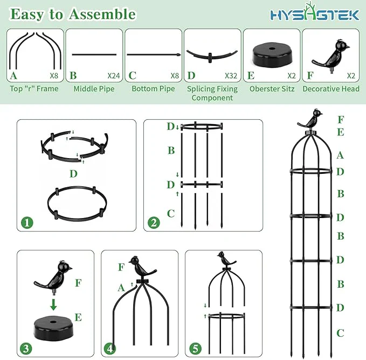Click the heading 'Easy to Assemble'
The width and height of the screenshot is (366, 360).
tap(73, 14)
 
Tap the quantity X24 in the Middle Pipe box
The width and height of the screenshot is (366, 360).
tap(113, 75)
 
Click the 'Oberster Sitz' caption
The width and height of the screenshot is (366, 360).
tap(271, 89)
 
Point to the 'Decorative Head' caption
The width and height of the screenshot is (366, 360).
tap(331, 89)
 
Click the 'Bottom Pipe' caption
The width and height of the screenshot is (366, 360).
tap(153, 89)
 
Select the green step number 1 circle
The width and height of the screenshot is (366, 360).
tap(27, 222)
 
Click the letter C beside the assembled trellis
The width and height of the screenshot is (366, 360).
tap(340, 333)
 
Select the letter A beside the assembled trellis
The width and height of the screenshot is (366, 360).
tap(340, 155)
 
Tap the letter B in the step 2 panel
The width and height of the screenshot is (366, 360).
tap(171, 151)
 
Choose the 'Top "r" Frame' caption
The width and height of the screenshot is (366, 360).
tap(34, 89)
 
